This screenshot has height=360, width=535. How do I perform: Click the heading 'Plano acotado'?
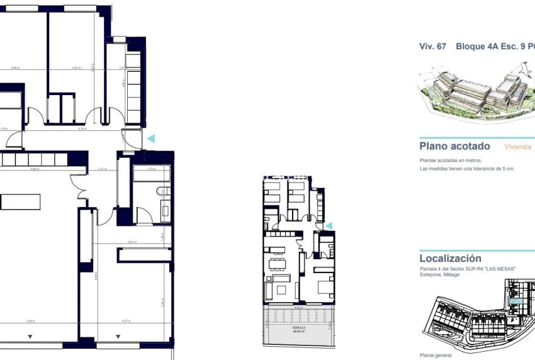point(454,146)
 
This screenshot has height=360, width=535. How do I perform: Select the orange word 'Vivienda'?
point(518,147)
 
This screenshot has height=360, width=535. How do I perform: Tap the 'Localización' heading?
point(450,258)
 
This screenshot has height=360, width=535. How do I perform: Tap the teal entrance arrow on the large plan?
point(150,138)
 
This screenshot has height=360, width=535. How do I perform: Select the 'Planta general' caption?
point(435,355)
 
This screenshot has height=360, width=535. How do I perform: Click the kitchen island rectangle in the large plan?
point(20,201)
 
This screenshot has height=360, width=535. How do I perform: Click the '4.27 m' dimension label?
point(125,322)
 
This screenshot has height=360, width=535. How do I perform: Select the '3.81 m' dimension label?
point(132,242)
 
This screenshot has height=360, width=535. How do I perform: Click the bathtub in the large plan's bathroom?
point(150,176)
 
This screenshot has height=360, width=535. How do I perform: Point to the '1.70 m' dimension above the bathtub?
point(151,169)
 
